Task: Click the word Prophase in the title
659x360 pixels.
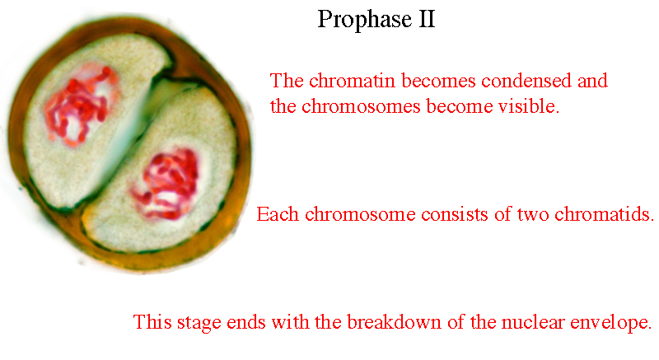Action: click(364, 20)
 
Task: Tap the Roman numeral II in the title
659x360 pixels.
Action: click(426, 19)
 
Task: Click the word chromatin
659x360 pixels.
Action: click(353, 81)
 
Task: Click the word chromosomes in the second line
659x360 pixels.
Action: click(361, 106)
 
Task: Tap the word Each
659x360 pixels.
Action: click(278, 214)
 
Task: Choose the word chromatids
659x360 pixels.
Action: click(605, 214)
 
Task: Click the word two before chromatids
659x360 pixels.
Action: click(533, 215)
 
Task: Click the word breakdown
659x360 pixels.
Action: click(394, 322)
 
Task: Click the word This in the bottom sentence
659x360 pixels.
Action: click(152, 322)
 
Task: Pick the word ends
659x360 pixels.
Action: click(245, 322)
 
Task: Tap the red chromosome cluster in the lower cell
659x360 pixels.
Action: click(167, 184)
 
